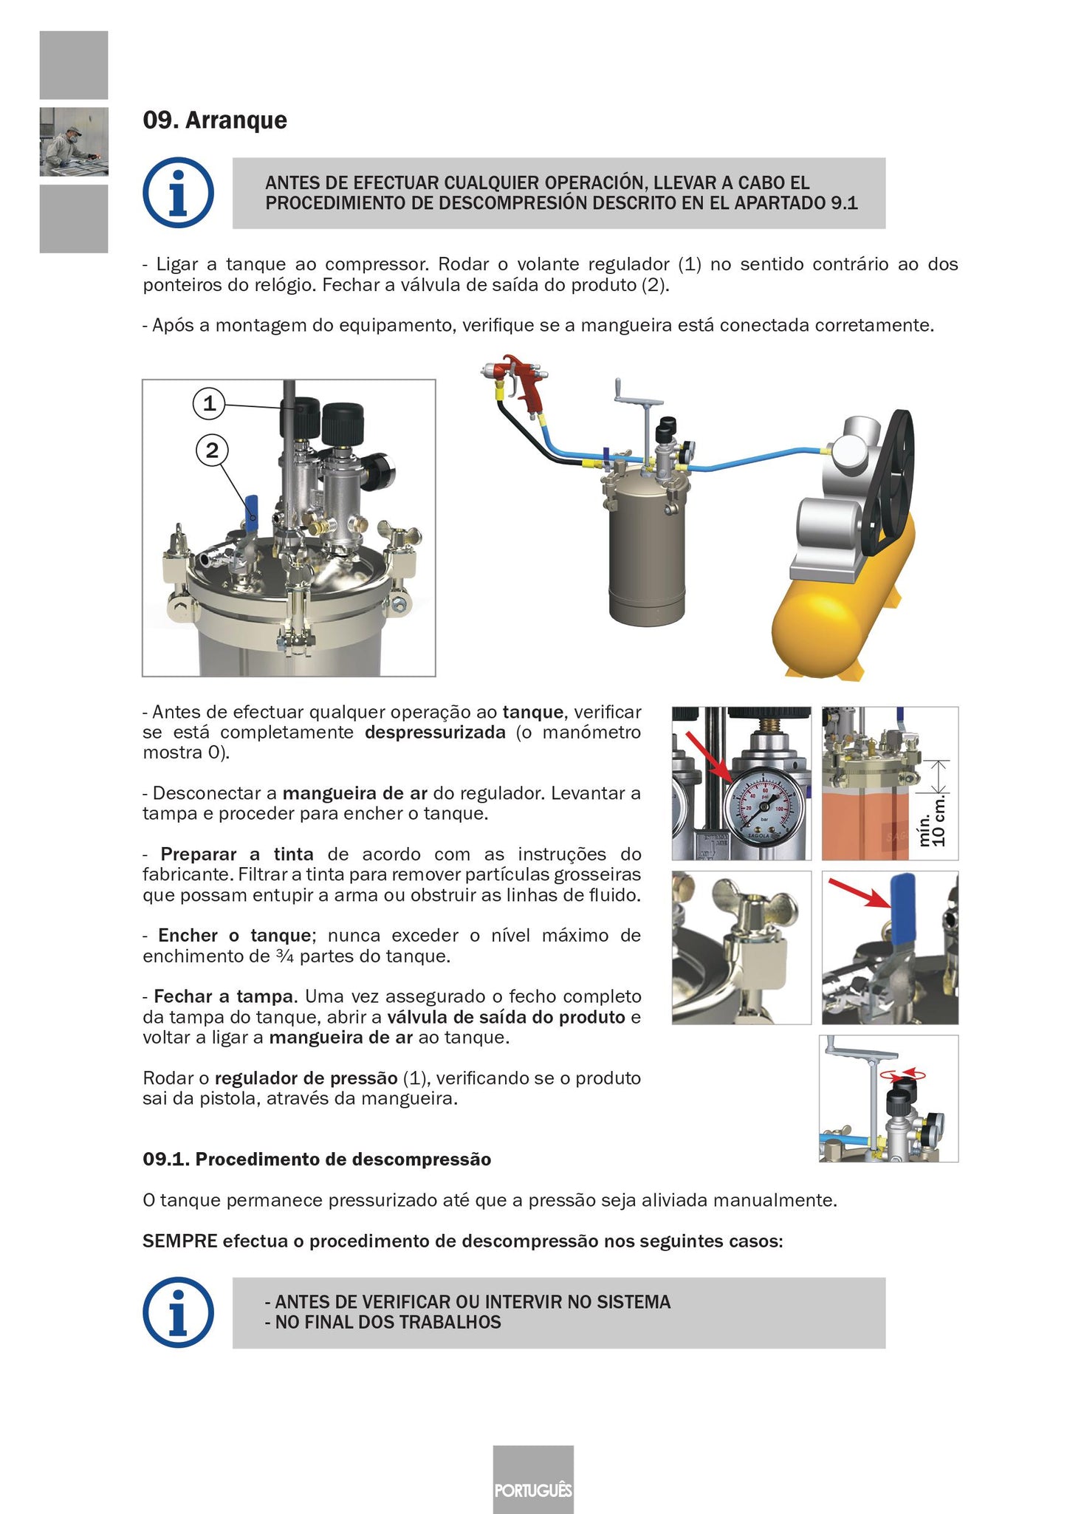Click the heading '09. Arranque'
(215, 120)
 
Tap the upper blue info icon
(178, 193)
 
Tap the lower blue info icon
(178, 1312)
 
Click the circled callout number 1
(209, 404)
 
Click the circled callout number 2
(212, 450)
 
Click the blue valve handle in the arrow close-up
(903, 910)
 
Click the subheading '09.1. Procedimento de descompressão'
(317, 1160)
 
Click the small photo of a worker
(74, 142)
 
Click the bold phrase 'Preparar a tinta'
(236, 854)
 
